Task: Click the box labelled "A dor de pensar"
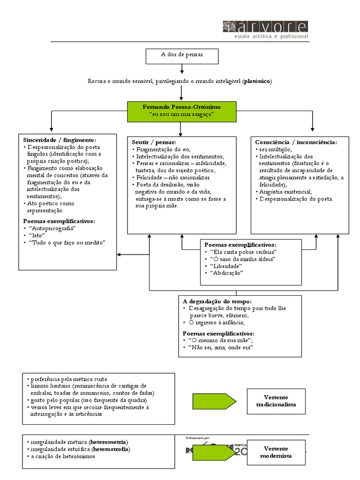182,55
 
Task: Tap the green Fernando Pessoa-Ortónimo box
181,111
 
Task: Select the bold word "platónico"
257,82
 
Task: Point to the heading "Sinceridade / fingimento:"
60,140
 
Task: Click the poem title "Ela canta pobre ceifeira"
244,252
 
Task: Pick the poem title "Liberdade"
228,266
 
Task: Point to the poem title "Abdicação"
227,273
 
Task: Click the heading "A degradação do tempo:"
217,301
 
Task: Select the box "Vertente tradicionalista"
276,401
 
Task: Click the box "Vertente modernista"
276,452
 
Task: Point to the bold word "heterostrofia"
111,449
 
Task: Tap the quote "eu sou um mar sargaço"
181,114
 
